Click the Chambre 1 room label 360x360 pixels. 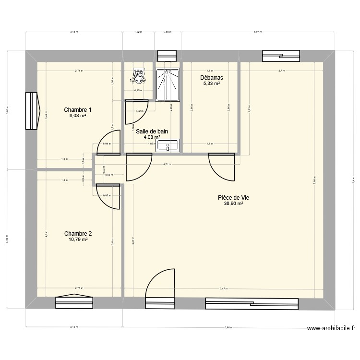tap(78, 110)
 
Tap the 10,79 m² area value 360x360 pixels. tap(78, 240)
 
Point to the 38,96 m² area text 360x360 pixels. tap(233, 203)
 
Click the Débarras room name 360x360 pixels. tap(211, 77)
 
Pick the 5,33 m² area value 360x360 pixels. tap(211, 84)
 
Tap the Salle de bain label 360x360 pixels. tap(152, 131)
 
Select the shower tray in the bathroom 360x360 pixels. tap(168, 84)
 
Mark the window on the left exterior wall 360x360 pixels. tap(32, 111)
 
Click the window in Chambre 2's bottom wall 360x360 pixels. tap(74, 302)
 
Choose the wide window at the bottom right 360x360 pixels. tap(252, 302)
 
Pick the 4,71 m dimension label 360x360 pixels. tap(167, 165)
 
